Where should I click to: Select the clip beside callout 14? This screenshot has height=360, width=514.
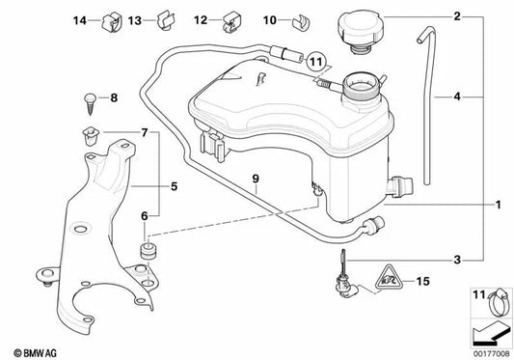click(x=112, y=22)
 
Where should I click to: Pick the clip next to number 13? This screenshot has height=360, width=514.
click(x=166, y=20)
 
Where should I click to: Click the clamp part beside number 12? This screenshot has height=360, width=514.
click(x=231, y=22)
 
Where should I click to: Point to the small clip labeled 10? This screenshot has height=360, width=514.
click(x=301, y=22)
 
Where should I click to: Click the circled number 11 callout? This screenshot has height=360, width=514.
click(x=316, y=62)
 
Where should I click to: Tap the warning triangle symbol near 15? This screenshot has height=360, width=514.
click(x=389, y=280)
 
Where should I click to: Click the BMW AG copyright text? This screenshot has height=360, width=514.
click(x=35, y=353)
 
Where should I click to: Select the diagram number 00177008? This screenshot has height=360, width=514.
click(x=492, y=354)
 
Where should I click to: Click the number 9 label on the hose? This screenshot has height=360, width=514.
click(x=256, y=179)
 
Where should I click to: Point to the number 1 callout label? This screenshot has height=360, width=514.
click(x=498, y=205)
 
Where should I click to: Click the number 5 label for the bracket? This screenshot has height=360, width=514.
click(x=174, y=186)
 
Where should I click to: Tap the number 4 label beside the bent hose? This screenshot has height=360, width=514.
click(x=457, y=97)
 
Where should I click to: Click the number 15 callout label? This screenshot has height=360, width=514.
click(x=422, y=281)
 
